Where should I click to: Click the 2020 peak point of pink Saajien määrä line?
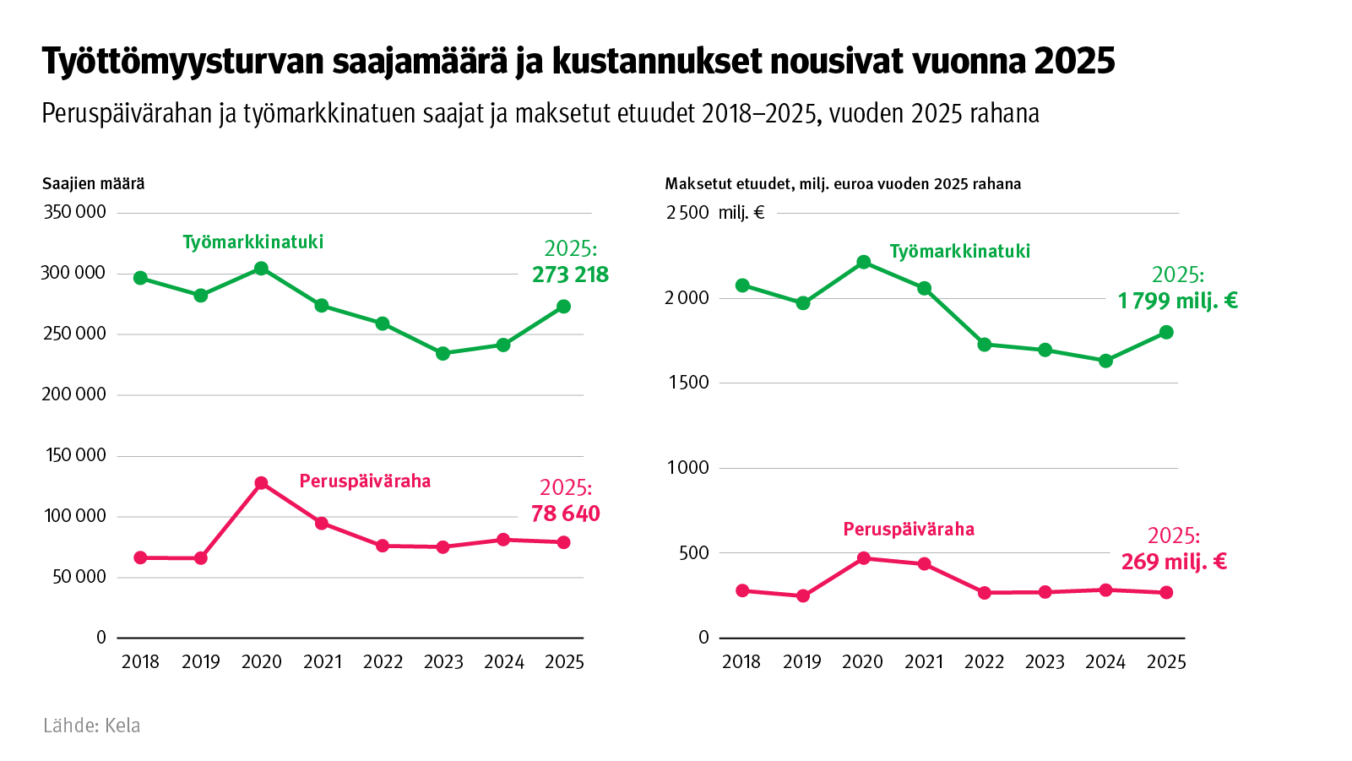tap(261, 483)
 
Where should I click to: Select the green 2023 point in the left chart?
tap(443, 353)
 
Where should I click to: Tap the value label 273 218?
tap(570, 275)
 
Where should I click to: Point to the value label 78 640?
tap(565, 514)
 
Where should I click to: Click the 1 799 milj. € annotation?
tap(1177, 301)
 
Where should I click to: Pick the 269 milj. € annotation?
tap(1174, 562)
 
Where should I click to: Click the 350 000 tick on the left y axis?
tap(74, 212)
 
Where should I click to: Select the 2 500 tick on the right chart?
tap(687, 213)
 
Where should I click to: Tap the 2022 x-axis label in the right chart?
tap(984, 662)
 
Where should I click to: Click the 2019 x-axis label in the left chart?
tap(201, 662)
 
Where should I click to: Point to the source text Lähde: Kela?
tap(92, 726)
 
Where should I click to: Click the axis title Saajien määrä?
tap(93, 183)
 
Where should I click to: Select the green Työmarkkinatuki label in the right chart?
tap(959, 251)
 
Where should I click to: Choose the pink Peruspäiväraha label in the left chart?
tap(365, 481)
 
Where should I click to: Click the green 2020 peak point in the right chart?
tap(863, 262)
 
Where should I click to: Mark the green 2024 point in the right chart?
tap(1105, 361)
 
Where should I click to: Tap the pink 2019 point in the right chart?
tap(803, 595)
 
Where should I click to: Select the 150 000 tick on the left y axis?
tap(74, 455)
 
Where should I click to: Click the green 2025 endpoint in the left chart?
tap(563, 307)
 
